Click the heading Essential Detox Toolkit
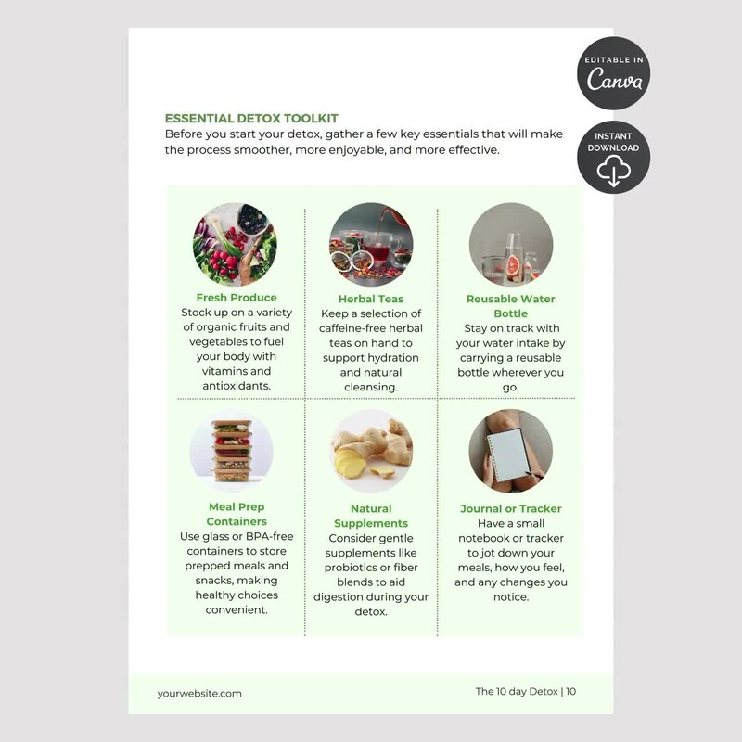coord(251,119)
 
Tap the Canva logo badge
coord(614,73)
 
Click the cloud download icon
coord(614,171)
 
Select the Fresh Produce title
coord(237,298)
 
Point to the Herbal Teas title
coord(371,299)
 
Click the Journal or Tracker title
coord(511,508)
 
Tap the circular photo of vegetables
coord(235,245)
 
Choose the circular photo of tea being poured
coord(371,245)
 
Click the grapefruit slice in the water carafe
coord(513,266)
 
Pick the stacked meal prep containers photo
coord(231,451)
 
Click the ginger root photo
coord(371,451)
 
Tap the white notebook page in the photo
coord(507,454)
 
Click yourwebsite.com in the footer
coord(199,694)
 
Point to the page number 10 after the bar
coord(570,691)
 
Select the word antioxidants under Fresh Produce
coord(237,386)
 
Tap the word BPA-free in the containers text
coord(269,537)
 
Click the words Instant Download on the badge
coord(614,142)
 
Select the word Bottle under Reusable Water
coord(511,313)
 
